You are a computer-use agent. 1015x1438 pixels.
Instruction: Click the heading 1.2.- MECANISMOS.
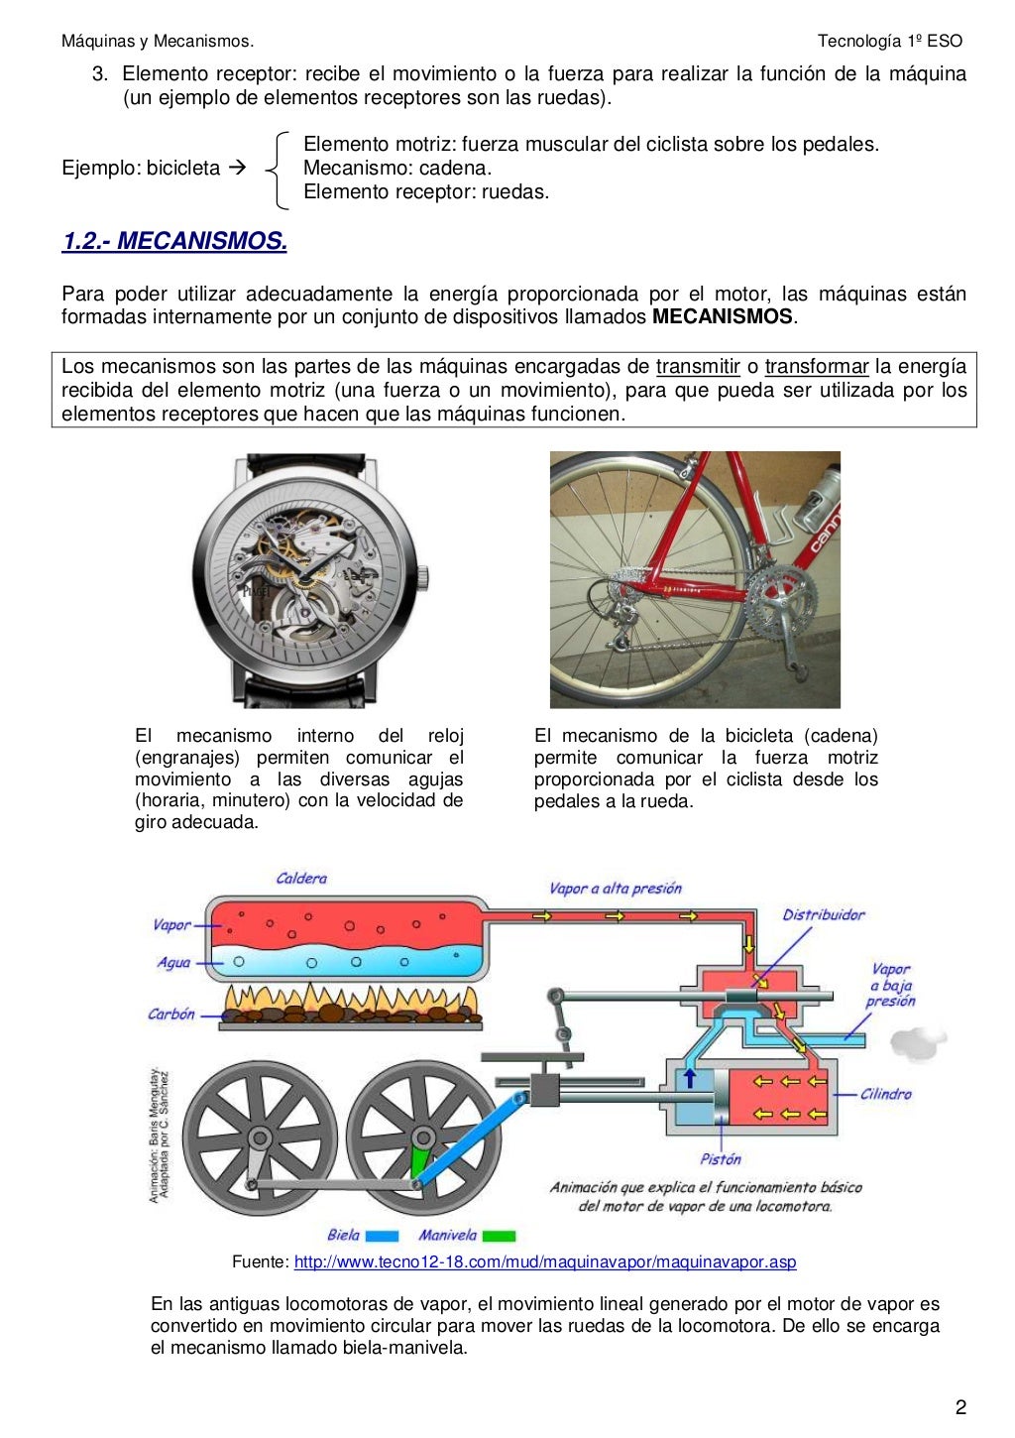pos(174,241)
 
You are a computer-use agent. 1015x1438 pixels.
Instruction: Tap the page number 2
pos(959,1406)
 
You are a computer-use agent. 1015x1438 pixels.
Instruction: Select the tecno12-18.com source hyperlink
pos(544,1261)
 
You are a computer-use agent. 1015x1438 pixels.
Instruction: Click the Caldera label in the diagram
pos(301,879)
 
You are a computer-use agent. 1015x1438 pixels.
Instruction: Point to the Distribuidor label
pos(823,914)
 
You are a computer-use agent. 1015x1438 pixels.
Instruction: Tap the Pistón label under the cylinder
pos(721,1158)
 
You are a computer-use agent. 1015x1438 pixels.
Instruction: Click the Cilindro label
pos(885,1094)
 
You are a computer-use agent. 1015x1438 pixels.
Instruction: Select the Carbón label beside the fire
pos(171,1014)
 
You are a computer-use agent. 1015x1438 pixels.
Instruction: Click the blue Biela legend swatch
pos(382,1236)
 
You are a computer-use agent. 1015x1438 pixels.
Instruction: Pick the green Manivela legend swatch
pos(499,1236)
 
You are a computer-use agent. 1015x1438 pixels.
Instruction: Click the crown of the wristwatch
pos(423,577)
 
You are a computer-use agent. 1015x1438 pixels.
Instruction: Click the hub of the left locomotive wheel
pos(260,1138)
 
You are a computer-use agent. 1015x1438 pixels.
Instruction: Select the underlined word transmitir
pos(698,366)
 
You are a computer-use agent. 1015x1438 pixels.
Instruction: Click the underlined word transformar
pos(816,366)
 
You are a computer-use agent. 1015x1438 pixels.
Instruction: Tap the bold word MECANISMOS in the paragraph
pos(723,316)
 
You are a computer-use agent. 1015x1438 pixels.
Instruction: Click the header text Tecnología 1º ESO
pos(889,41)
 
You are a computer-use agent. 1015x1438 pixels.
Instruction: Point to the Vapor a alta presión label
pos(615,889)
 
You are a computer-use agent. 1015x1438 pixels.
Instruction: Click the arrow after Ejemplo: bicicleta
pos(237,168)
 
